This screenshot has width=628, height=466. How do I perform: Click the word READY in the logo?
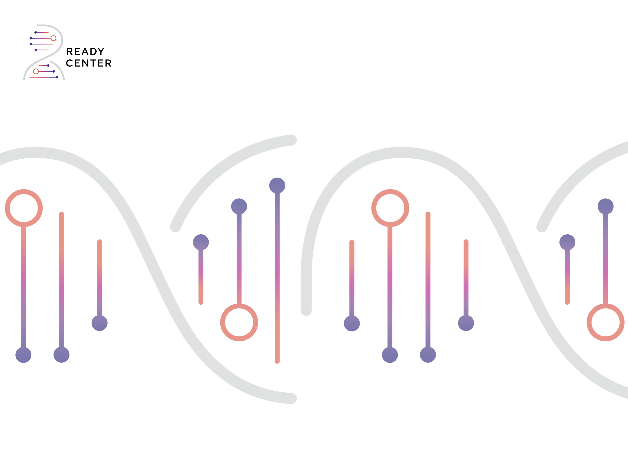85,51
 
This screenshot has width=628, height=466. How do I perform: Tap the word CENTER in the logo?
89,63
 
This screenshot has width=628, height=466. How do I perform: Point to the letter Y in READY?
101,51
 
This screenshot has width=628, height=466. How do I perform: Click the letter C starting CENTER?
69,63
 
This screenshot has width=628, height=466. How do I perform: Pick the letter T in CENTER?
93,63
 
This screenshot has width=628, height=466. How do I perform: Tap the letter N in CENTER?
85,63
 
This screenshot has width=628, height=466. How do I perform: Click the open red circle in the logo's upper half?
53,38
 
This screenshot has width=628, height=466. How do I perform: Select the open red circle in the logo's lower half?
36,71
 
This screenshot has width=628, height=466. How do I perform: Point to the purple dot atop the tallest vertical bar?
277,186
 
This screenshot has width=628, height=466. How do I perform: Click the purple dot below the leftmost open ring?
23,355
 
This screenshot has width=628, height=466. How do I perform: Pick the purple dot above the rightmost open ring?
605,207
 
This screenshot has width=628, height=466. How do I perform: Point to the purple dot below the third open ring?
390,355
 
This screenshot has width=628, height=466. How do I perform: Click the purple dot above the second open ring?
239,207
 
